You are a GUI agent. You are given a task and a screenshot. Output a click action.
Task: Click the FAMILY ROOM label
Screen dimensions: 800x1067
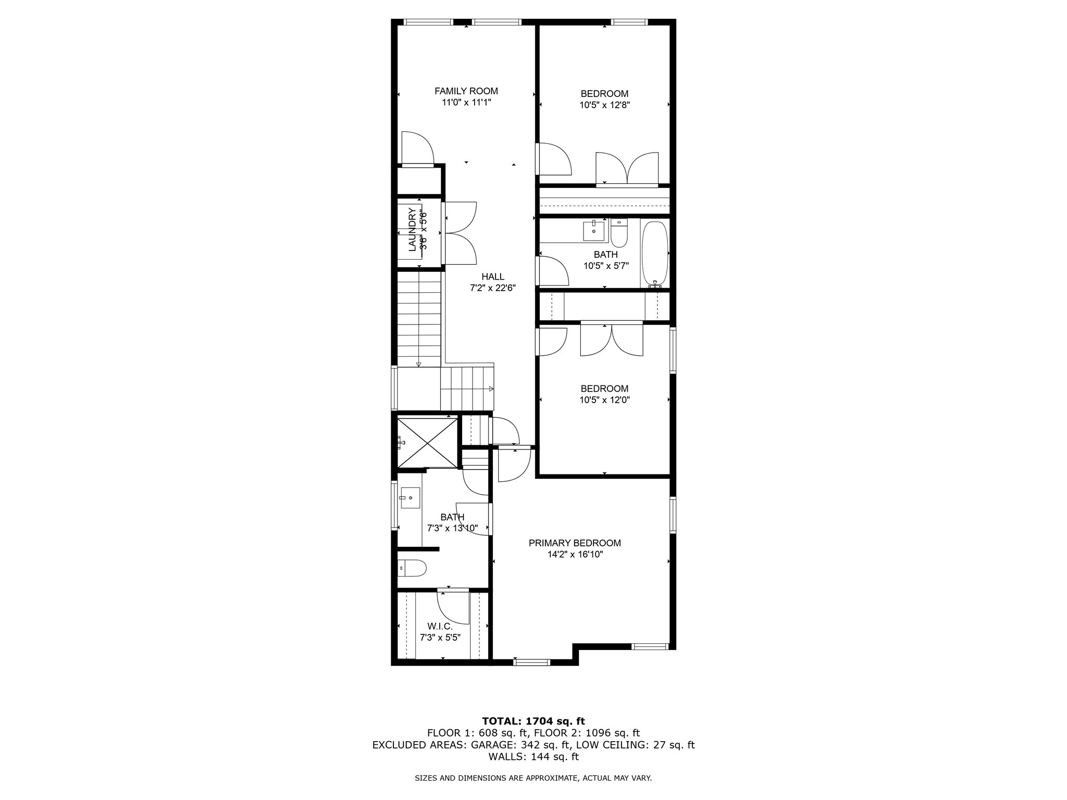tap(466, 91)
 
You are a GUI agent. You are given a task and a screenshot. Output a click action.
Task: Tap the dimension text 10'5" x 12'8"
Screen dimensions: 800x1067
tap(604, 105)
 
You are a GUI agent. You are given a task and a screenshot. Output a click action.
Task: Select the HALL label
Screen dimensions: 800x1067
tap(492, 277)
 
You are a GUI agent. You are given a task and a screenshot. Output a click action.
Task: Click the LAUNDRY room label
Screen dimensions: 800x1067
tap(412, 229)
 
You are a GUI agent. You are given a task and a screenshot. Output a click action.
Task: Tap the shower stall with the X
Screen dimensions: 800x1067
tap(427, 442)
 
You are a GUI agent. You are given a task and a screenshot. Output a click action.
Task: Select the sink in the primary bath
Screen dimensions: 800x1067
tap(410, 498)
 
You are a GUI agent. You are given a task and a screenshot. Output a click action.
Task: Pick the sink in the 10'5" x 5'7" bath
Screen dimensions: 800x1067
tap(594, 230)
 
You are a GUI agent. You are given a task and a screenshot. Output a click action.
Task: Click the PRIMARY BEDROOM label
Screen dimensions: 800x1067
tap(575, 543)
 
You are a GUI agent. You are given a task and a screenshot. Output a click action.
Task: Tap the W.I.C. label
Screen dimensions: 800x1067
tap(440, 626)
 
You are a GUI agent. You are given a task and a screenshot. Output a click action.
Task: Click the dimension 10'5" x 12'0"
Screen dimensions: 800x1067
tap(604, 400)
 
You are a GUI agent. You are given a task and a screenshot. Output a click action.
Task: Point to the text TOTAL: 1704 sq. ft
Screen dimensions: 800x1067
tap(533, 721)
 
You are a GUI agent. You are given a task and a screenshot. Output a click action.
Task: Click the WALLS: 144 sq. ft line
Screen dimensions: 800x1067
tap(533, 757)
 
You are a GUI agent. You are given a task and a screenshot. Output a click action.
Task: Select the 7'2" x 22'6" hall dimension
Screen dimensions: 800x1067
tap(492, 288)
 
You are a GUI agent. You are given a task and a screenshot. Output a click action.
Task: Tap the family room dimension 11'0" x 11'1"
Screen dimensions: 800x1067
tap(466, 103)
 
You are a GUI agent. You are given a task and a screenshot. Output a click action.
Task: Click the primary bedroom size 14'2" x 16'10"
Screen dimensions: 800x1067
tap(575, 554)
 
